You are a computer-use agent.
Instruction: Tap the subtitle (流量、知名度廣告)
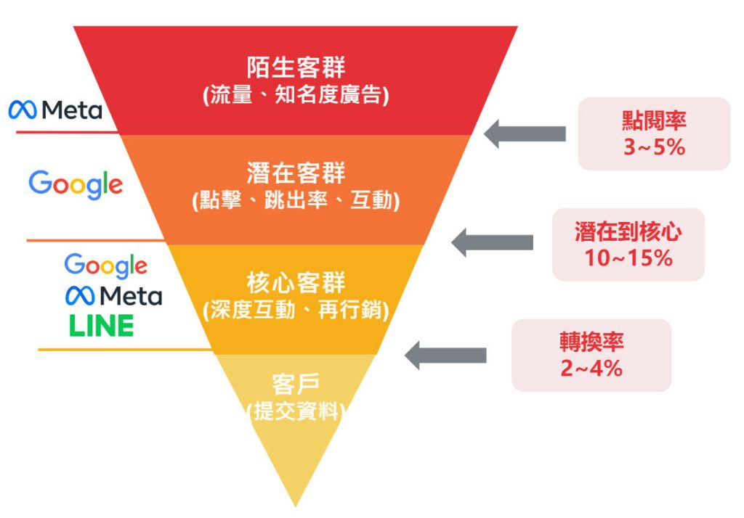(x=295, y=95)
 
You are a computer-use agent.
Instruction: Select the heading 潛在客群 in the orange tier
(x=295, y=174)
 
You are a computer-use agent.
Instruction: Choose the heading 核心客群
(x=295, y=281)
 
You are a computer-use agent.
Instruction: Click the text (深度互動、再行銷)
(x=295, y=310)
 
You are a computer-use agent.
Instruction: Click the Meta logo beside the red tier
(x=55, y=110)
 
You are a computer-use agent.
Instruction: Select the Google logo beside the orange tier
(x=76, y=184)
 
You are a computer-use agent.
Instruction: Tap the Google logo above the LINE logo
(x=105, y=266)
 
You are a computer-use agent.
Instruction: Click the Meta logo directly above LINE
(x=113, y=295)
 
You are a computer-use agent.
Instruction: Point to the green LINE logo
(x=102, y=326)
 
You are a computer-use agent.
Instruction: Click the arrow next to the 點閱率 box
(x=525, y=133)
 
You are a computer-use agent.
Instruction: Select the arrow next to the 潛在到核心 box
(x=492, y=242)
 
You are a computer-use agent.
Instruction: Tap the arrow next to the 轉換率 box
(x=445, y=355)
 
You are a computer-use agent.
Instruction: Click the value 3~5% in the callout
(x=654, y=148)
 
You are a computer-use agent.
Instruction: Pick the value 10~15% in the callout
(x=628, y=258)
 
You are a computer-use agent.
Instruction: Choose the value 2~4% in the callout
(x=591, y=369)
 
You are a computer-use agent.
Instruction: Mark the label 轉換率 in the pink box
(x=591, y=342)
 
